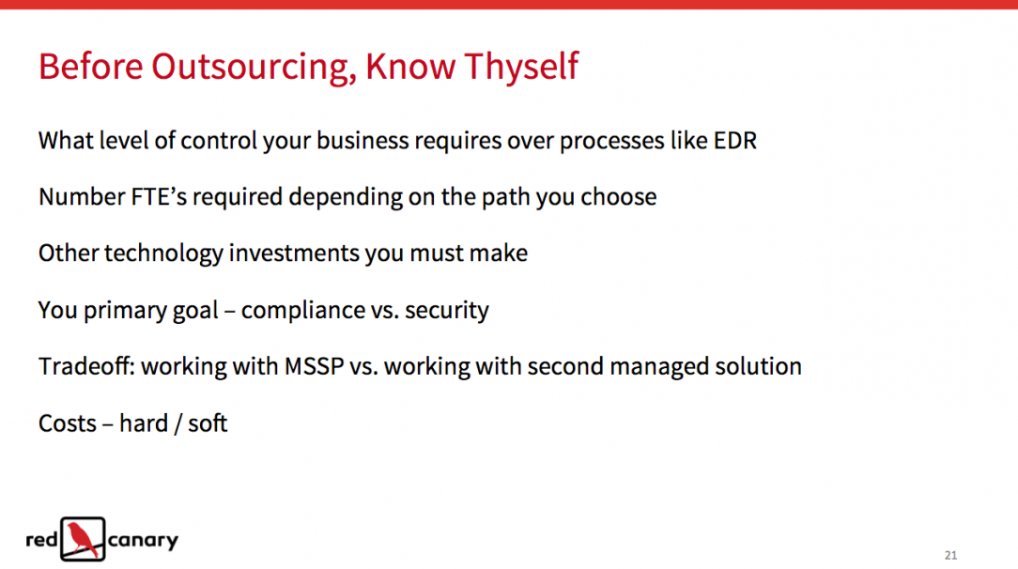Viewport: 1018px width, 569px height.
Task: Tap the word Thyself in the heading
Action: click(520, 67)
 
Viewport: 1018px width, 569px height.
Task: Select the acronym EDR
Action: click(735, 141)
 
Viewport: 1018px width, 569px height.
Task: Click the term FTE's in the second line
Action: click(159, 196)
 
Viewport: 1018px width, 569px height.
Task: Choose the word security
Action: click(447, 311)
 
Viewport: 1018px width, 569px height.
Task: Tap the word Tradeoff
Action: click(86, 366)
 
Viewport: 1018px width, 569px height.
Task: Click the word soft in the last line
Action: click(208, 423)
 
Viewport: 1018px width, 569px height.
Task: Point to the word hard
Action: click(144, 423)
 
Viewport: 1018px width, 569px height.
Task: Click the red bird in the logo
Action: click(83, 539)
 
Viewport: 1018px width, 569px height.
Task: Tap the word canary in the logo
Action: click(143, 541)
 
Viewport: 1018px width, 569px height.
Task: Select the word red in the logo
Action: click(42, 539)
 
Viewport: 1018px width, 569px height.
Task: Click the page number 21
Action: click(950, 555)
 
